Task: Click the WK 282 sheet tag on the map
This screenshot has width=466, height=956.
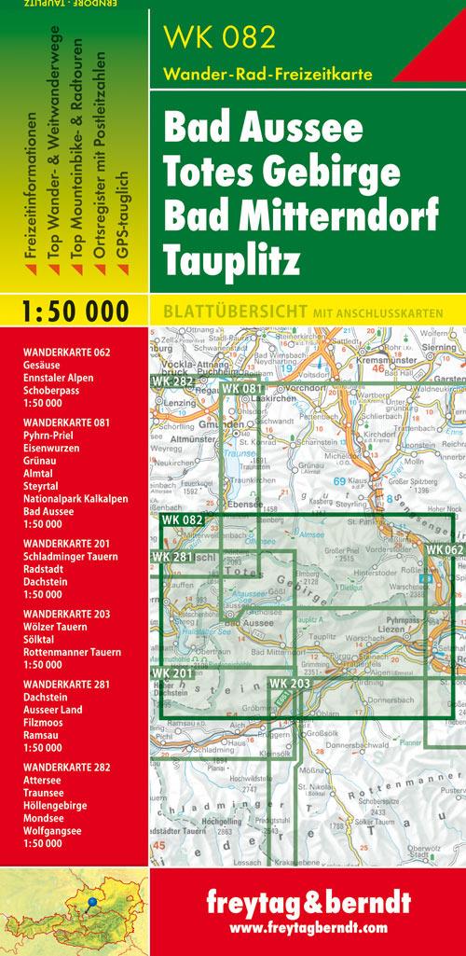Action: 171,381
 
